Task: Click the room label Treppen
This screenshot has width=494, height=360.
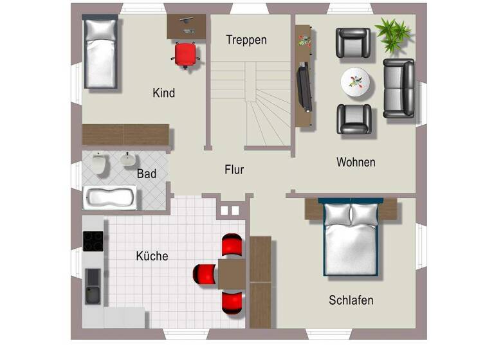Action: point(246,40)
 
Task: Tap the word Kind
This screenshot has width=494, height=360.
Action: point(163,93)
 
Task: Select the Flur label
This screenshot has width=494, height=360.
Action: point(234,170)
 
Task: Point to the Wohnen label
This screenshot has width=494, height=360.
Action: point(356,162)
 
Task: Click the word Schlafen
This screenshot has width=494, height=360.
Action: point(351,300)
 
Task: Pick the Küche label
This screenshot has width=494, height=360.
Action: point(152,256)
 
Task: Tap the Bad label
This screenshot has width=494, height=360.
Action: point(146,174)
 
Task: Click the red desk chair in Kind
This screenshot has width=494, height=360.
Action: point(185,54)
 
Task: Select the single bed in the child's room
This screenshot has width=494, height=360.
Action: point(100,53)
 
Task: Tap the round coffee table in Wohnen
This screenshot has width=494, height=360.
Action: point(355,82)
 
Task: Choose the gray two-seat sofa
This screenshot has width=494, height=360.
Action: point(399,88)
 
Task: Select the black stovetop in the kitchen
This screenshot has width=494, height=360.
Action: point(93,241)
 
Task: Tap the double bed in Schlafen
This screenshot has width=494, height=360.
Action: point(351,239)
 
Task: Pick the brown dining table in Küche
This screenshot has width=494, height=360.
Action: point(232,274)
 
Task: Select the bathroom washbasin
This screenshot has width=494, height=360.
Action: point(129,159)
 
